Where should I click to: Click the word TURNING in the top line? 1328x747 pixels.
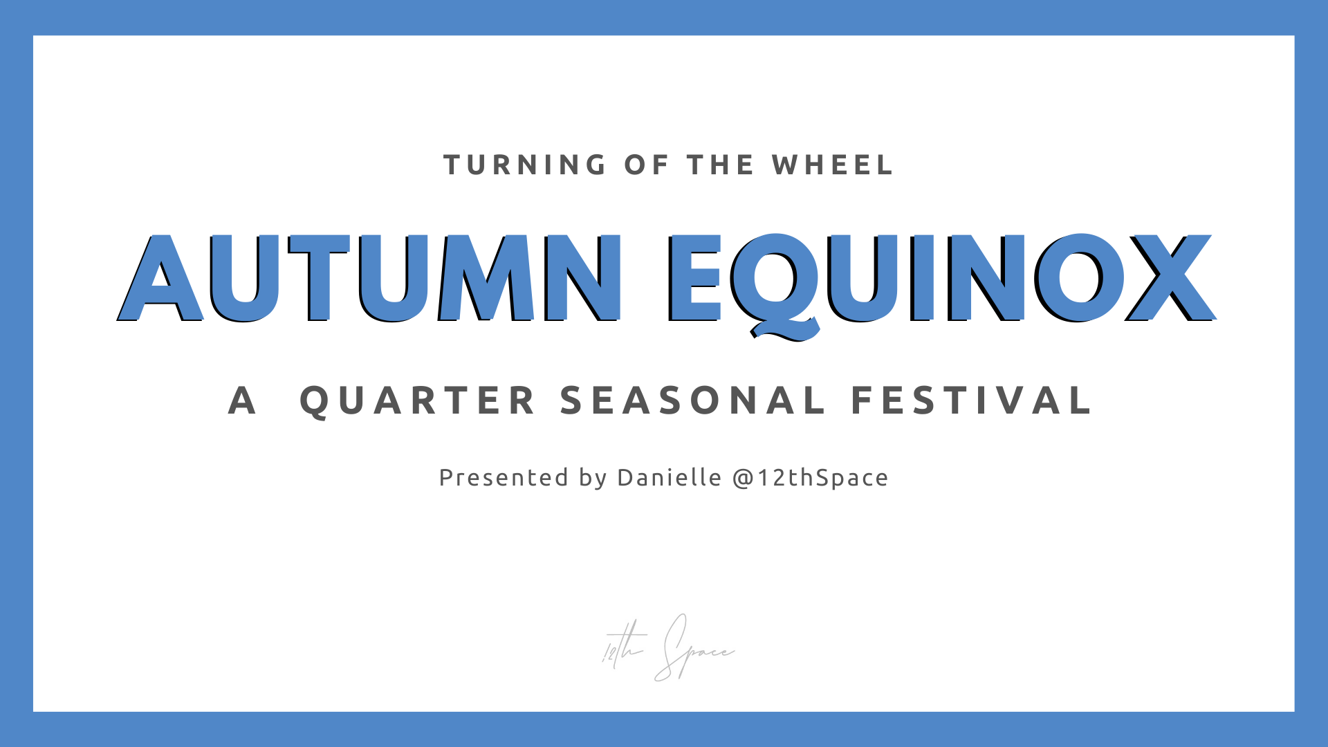pos(525,165)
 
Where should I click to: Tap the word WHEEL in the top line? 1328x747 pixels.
pos(833,165)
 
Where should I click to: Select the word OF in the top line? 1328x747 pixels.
pos(647,165)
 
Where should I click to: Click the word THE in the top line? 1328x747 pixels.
pos(720,165)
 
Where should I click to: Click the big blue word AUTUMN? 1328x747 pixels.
pos(370,278)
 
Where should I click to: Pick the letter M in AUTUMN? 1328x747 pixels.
pos(486,278)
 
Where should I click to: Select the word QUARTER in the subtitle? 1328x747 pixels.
pos(418,401)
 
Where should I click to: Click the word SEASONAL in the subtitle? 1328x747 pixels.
pos(692,401)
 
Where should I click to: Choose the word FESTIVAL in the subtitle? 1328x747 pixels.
pos(971,401)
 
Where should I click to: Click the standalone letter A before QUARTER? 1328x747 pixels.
pos(242,401)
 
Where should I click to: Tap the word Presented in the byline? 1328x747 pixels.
pos(504,477)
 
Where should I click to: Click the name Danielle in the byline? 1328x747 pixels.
pos(670,477)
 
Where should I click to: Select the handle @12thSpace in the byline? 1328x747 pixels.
pos(810,478)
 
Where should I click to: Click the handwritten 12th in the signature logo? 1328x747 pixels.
pos(623,645)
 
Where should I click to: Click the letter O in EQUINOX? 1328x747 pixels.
pos(1081,278)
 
